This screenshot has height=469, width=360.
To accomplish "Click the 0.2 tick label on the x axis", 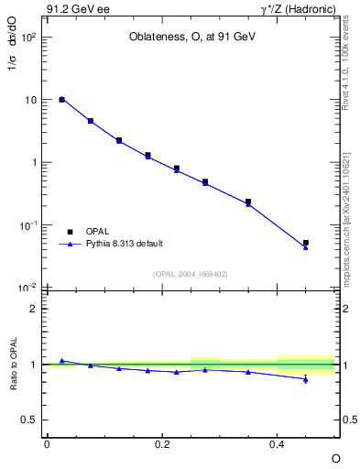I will pos(162,443).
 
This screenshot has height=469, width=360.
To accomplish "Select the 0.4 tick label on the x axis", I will pos(278,443).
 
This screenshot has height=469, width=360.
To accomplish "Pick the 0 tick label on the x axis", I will pos(47,443).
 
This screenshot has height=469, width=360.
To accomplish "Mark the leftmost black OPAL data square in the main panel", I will pos(61,99).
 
